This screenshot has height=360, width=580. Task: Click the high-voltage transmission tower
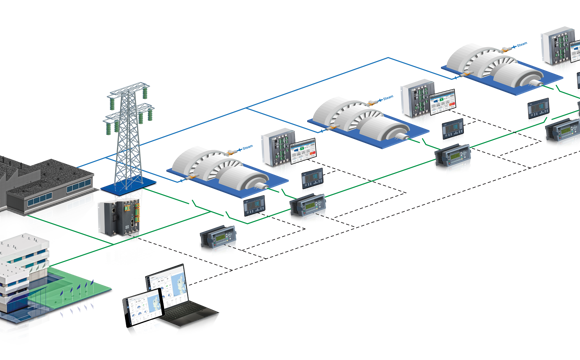[x=124, y=130]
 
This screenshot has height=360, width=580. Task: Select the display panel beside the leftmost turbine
[x=301, y=147]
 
